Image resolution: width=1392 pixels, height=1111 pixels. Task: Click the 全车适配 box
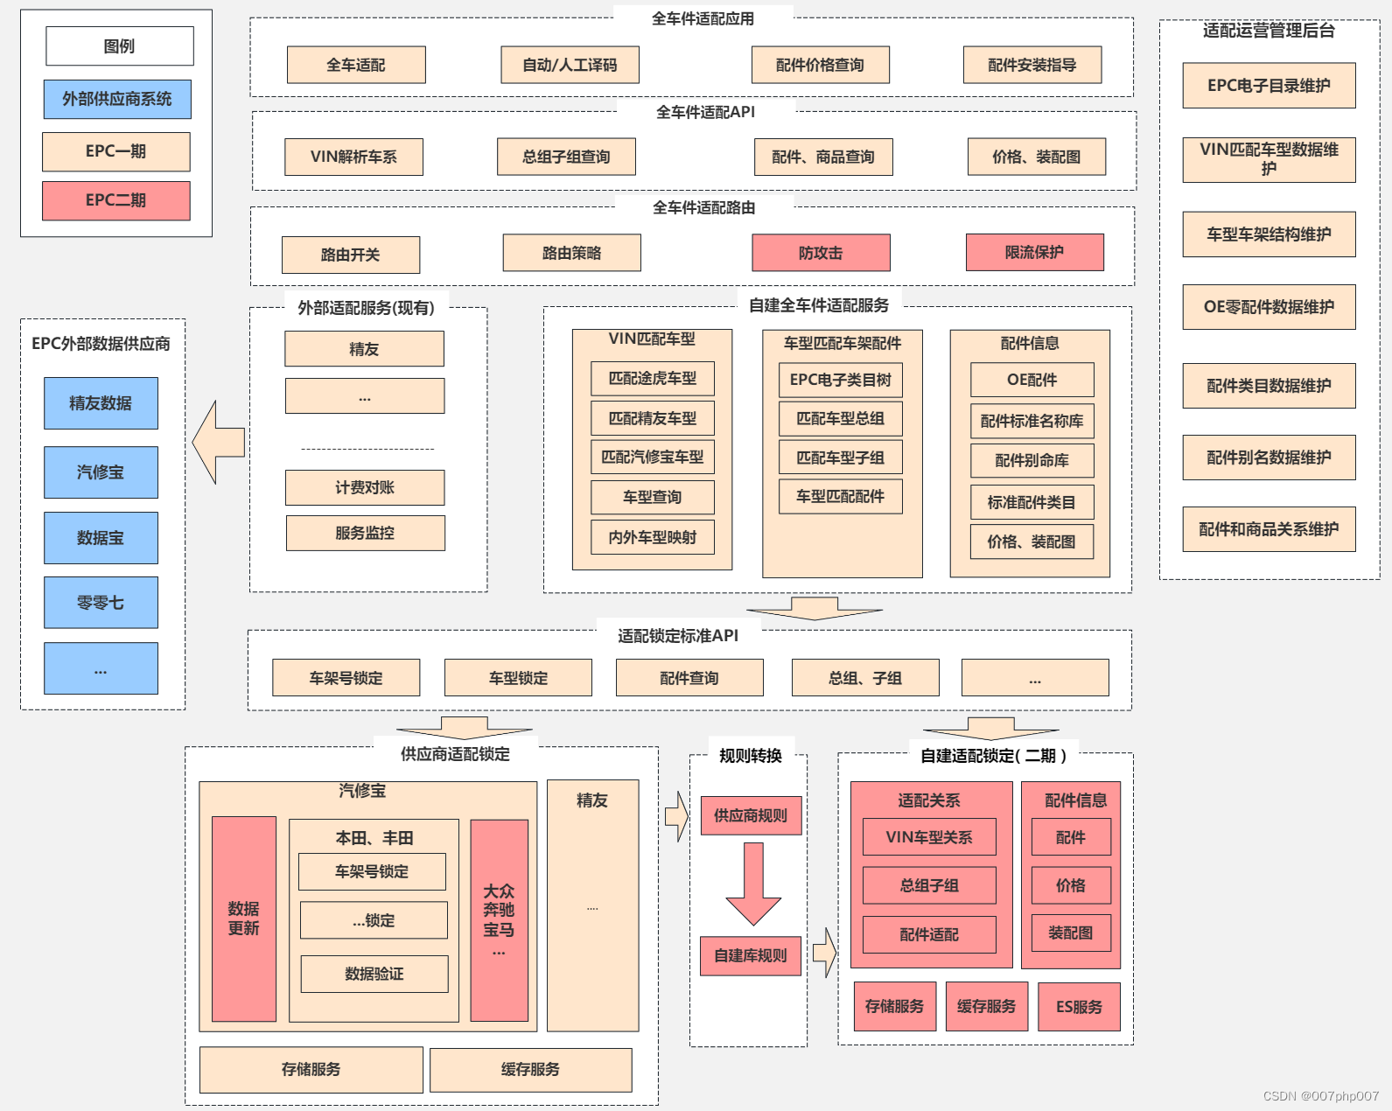click(356, 65)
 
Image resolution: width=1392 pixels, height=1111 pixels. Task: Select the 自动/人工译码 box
click(570, 65)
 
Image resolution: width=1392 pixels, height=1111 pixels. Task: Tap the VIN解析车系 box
click(353, 157)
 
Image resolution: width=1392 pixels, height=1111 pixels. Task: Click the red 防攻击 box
click(821, 253)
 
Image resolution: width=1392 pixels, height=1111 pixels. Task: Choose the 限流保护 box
click(1034, 252)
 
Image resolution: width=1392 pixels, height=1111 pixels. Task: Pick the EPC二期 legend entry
click(115, 200)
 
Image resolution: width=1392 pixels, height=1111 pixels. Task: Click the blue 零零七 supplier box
click(101, 602)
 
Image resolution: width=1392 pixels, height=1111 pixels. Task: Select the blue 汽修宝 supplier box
click(101, 472)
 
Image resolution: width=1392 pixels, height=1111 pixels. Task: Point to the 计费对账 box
click(365, 487)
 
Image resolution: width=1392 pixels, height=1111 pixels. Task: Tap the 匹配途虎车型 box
click(653, 378)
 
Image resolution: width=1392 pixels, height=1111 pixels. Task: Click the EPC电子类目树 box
click(840, 380)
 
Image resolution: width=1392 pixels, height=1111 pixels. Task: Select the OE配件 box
click(1032, 380)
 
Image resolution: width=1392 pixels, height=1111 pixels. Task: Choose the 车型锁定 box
click(518, 678)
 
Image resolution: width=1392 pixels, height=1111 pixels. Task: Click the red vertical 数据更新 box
click(243, 919)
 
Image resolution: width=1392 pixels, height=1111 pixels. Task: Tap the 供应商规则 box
click(751, 815)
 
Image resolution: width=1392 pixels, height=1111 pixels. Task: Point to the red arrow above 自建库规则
click(752, 884)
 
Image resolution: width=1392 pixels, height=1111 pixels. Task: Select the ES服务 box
click(1079, 1007)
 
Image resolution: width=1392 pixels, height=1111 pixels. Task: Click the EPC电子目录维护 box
click(1269, 86)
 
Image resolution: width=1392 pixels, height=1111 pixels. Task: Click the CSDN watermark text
click(1320, 1096)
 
